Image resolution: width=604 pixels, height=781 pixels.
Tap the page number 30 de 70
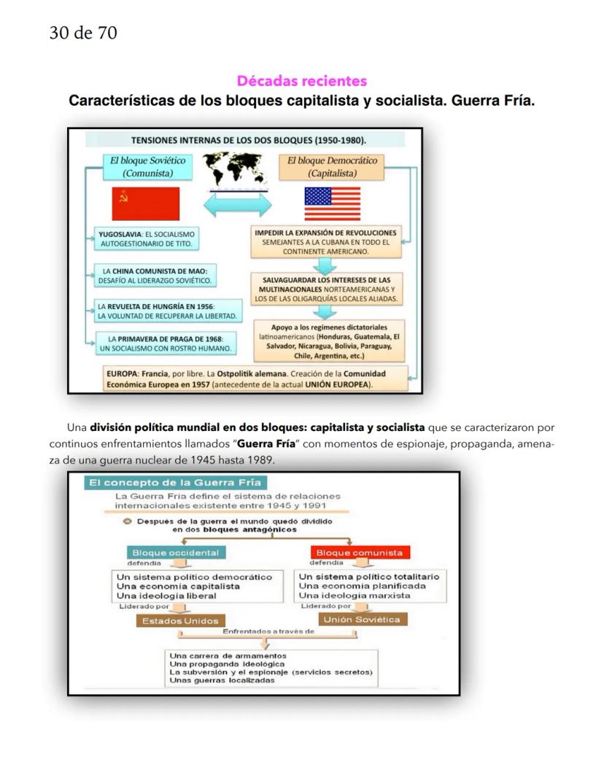pyautogui.click(x=83, y=33)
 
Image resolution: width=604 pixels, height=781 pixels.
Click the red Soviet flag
pyautogui.click(x=146, y=203)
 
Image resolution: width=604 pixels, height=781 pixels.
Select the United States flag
pyautogui.click(x=332, y=203)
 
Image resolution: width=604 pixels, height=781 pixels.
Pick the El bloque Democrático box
pyautogui.click(x=332, y=167)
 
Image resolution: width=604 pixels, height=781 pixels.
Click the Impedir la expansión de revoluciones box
pyautogui.click(x=325, y=241)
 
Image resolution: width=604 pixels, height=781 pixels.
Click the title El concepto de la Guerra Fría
pyautogui.click(x=176, y=483)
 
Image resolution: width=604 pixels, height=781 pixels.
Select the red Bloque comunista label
pyautogui.click(x=359, y=553)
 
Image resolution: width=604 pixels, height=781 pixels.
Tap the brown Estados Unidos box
pyautogui.click(x=180, y=621)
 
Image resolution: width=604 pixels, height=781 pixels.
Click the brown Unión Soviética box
pyautogui.click(x=362, y=620)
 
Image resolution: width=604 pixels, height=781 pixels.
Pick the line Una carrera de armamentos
pyautogui.click(x=228, y=656)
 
